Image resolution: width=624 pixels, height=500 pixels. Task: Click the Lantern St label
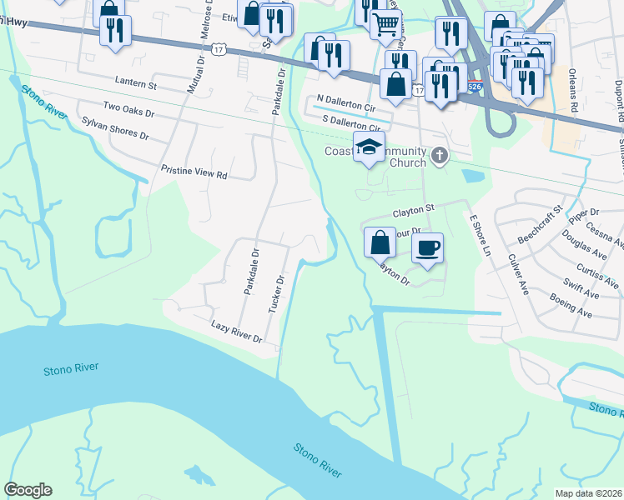(x=134, y=85)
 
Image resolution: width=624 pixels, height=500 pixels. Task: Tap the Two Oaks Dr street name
(x=128, y=110)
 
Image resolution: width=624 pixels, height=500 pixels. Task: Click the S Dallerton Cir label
(x=351, y=123)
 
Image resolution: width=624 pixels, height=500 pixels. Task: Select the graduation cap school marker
(x=370, y=147)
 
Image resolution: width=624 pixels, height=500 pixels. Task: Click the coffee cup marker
(x=427, y=247)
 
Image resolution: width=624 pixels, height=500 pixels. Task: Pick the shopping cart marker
(x=385, y=25)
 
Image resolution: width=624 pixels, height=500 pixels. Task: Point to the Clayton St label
(x=414, y=207)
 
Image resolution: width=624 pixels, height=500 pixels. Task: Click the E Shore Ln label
(x=477, y=235)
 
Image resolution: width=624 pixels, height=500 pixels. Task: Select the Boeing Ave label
(x=571, y=307)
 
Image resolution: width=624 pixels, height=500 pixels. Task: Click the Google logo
(x=28, y=490)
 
